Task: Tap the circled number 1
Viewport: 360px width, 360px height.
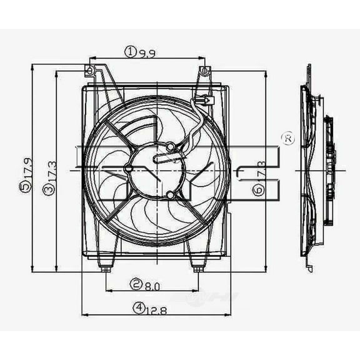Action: click(x=130, y=52)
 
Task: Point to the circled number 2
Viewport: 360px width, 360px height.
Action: click(x=136, y=285)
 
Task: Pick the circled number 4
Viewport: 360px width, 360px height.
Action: click(x=136, y=307)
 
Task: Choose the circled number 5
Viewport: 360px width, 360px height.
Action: click(x=24, y=187)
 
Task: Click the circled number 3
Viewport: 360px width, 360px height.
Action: click(x=48, y=188)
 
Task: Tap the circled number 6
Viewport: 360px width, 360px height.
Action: click(x=257, y=189)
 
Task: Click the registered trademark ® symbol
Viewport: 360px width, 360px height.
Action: click(x=287, y=139)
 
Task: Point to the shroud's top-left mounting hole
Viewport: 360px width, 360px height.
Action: click(x=90, y=69)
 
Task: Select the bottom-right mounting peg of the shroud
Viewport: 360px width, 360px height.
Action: click(x=197, y=269)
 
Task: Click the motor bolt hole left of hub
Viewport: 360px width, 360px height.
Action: click(x=127, y=168)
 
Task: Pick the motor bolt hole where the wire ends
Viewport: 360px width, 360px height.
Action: click(x=170, y=147)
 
